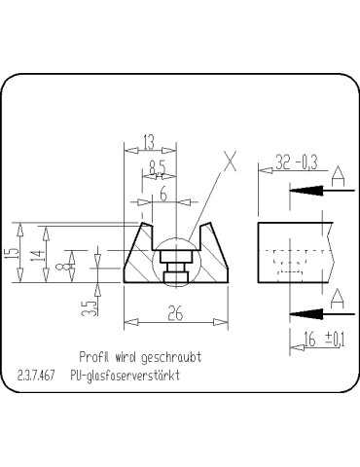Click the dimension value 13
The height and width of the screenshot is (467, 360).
pos(147,142)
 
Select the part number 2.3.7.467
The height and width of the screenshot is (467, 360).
pos(36,375)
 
